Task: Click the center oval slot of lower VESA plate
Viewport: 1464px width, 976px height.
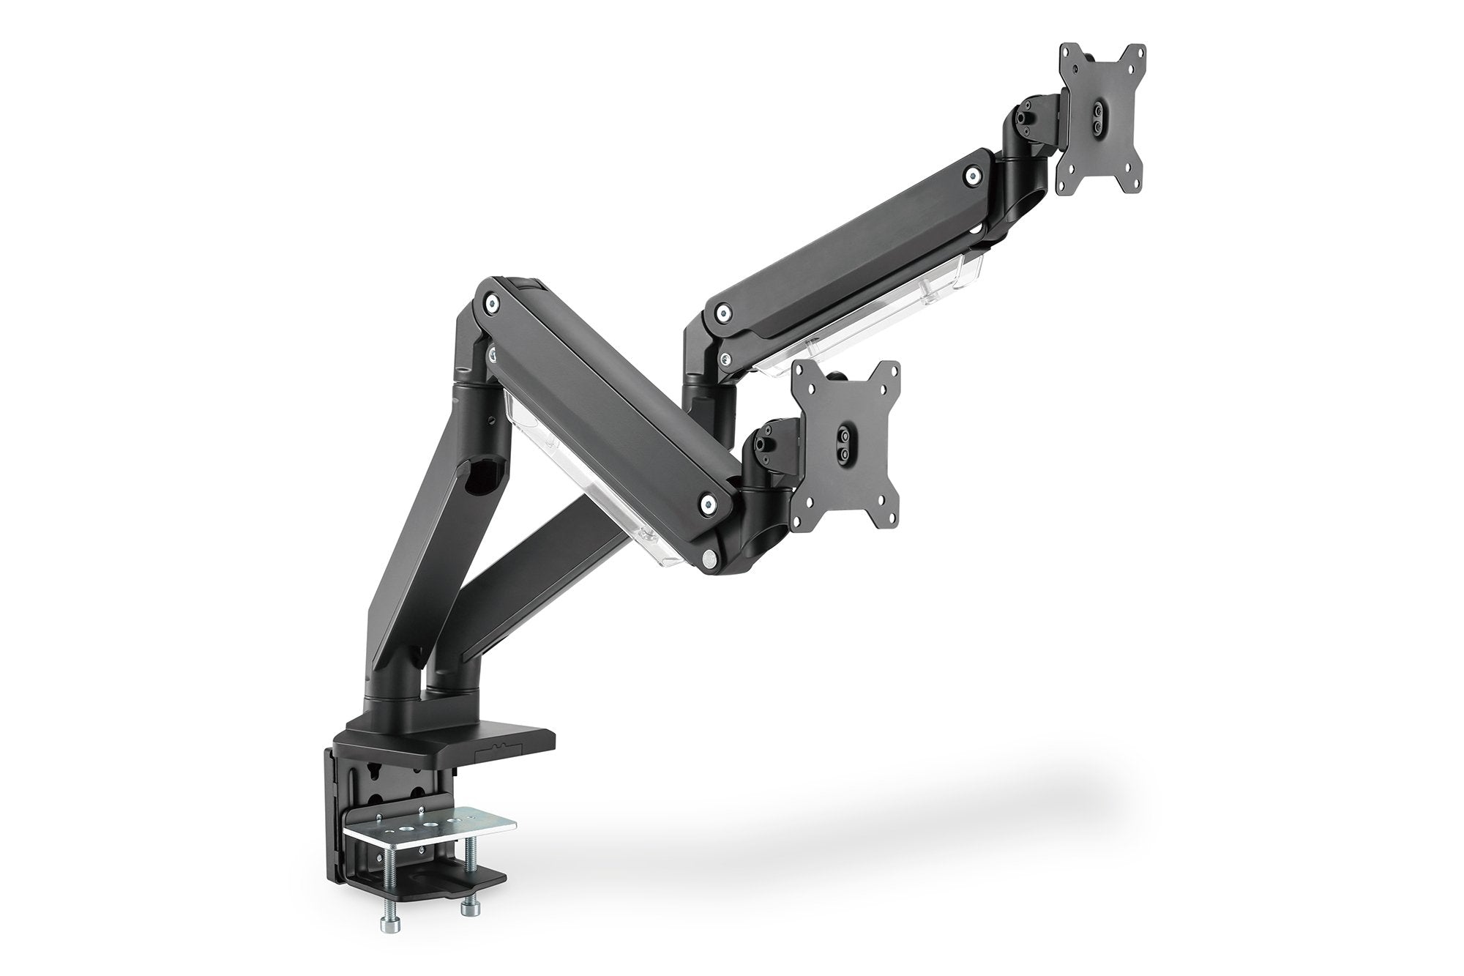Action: (844, 447)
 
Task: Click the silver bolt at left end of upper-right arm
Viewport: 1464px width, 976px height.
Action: (723, 313)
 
